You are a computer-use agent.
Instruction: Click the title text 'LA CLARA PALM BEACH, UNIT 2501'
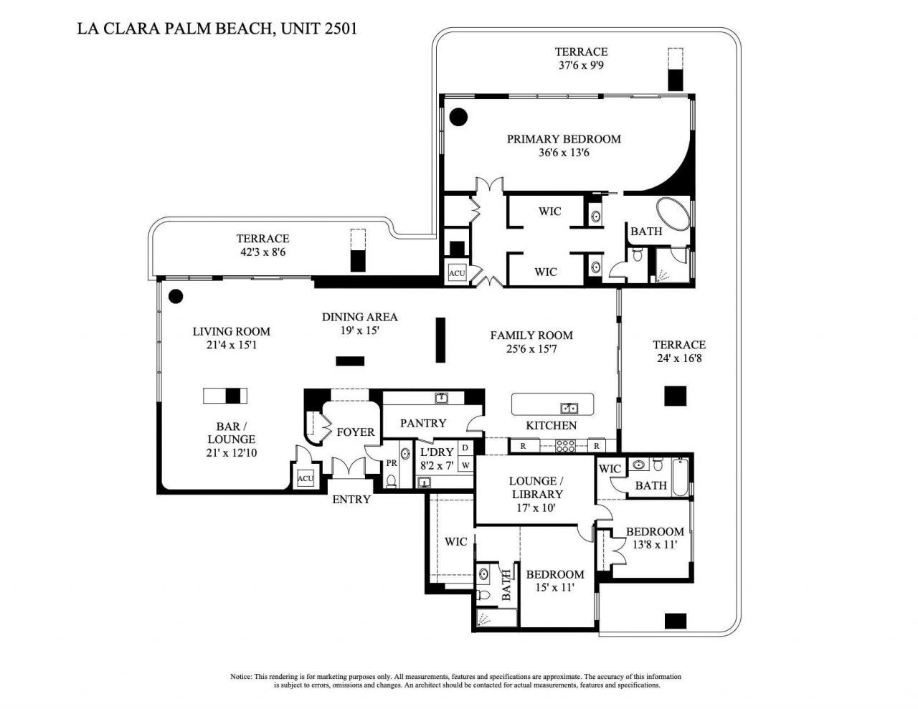click(217, 29)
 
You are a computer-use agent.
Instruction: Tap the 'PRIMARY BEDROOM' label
click(564, 139)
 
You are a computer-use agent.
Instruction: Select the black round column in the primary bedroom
click(458, 115)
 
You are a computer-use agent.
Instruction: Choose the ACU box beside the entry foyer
click(306, 478)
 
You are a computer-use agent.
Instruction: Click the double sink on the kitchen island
click(569, 408)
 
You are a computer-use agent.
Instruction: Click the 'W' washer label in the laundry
click(465, 465)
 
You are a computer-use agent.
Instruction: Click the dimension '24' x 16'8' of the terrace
click(678, 358)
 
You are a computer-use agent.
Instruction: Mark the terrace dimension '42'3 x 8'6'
click(263, 252)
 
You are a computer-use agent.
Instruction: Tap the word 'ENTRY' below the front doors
click(351, 499)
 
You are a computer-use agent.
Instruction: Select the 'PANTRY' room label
click(423, 423)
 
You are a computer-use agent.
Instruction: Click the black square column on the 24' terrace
click(675, 396)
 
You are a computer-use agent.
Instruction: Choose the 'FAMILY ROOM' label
click(531, 335)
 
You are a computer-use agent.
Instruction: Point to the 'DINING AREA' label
click(359, 317)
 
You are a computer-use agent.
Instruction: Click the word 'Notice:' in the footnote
click(241, 676)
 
